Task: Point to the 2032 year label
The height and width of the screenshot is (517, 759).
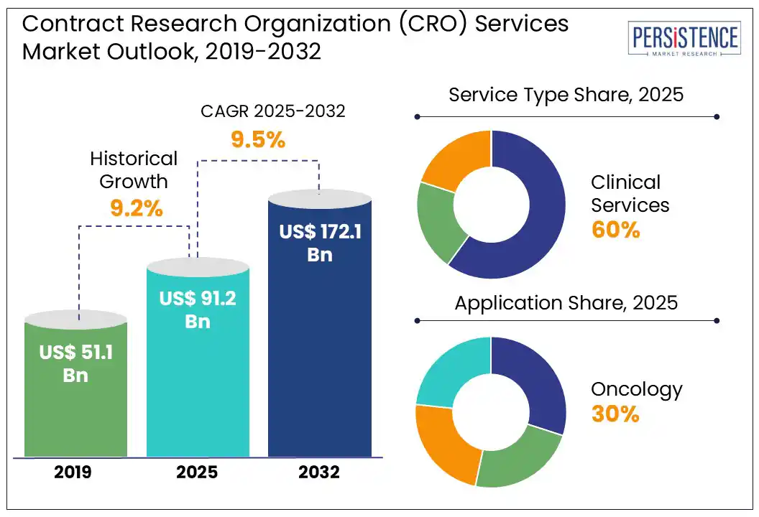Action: pyautogui.click(x=319, y=472)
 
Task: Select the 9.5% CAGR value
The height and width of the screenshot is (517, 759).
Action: pyautogui.click(x=257, y=139)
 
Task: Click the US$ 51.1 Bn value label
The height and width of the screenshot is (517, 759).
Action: pyautogui.click(x=75, y=363)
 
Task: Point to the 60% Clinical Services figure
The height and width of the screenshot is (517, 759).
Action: pyautogui.click(x=615, y=230)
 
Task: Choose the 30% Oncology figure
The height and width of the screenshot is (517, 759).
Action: pyautogui.click(x=615, y=414)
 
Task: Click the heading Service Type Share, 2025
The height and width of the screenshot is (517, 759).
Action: pyautogui.click(x=566, y=96)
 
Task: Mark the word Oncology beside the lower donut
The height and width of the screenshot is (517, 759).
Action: pyautogui.click(x=636, y=390)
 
